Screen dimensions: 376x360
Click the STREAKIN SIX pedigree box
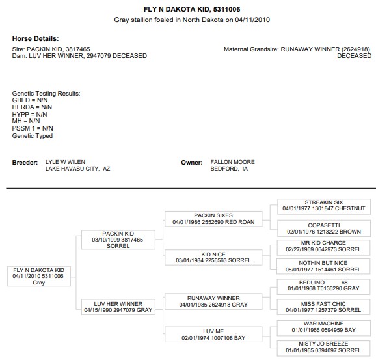coord(324,206)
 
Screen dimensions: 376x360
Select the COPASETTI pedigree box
coord(324,228)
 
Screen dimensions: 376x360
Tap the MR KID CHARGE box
coord(323,247)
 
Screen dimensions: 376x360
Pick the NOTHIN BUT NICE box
coord(323,266)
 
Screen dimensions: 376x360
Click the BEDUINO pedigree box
coord(323,286)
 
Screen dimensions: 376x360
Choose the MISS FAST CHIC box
coord(323,307)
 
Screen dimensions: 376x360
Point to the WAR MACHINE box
coord(323,328)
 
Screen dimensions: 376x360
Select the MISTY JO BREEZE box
coord(323,348)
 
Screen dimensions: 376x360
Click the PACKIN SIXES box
coord(213,219)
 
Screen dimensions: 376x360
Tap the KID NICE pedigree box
coord(213,257)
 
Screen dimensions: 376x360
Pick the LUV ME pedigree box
coord(213,335)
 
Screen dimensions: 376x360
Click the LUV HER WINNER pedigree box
coord(118,307)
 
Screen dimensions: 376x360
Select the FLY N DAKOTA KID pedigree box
coord(39,276)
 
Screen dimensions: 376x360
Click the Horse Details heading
coord(36,38)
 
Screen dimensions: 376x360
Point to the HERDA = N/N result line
coord(32,107)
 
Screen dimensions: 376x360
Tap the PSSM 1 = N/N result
coord(33,128)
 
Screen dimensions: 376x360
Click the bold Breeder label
coord(25,163)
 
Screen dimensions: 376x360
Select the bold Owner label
coord(192,163)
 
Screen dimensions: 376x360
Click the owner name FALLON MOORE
coord(233,162)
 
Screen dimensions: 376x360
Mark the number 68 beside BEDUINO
coord(345,283)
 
